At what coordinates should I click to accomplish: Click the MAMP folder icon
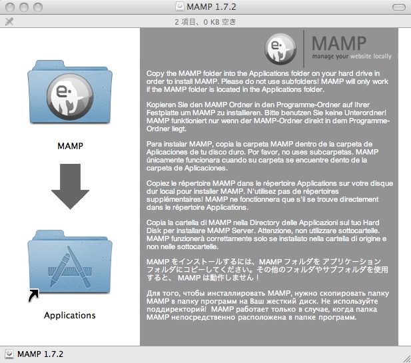[70, 92]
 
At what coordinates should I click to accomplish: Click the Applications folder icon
[70, 262]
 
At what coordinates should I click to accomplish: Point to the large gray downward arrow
[70, 186]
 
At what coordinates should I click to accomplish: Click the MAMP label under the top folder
[70, 146]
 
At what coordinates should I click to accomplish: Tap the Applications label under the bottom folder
[70, 315]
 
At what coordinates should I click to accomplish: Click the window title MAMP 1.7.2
[211, 7]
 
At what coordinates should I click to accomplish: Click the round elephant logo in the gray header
[280, 49]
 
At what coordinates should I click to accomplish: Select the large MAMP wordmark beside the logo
[339, 43]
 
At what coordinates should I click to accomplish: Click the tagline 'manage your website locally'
[352, 57]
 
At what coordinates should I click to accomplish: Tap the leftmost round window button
[10, 7]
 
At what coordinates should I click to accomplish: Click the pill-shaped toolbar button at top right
[399, 7]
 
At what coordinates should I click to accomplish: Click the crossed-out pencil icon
[9, 21]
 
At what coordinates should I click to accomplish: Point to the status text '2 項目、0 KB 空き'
[205, 22]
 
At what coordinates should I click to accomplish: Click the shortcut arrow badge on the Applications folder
[33, 296]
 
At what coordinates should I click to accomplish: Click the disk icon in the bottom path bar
[9, 354]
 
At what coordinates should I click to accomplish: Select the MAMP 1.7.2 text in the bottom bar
[41, 354]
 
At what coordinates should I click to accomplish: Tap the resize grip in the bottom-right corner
[406, 358]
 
